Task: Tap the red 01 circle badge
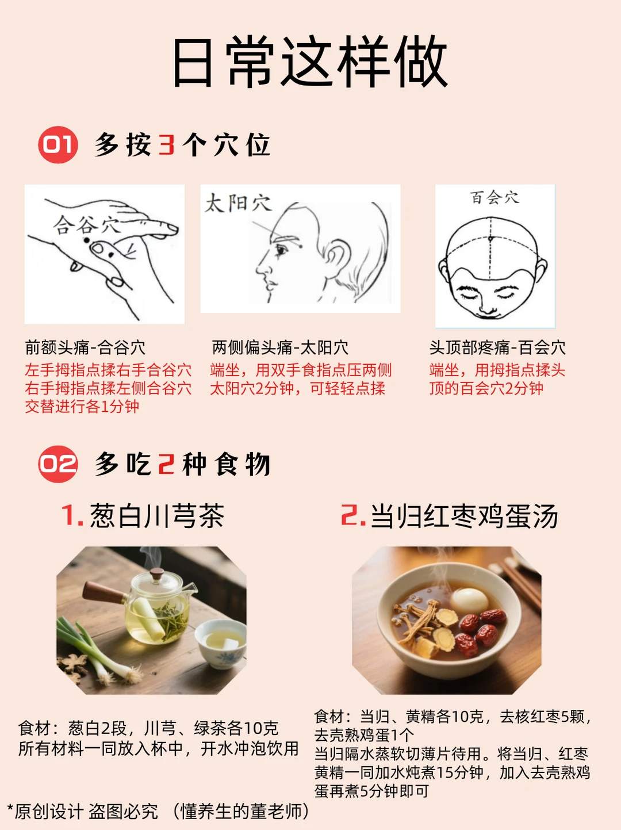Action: pyautogui.click(x=58, y=145)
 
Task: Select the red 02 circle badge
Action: pyautogui.click(x=58, y=464)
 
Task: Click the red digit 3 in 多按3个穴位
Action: pyautogui.click(x=166, y=145)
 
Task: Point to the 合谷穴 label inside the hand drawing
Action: pyautogui.click(x=86, y=224)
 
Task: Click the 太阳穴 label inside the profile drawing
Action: pyautogui.click(x=238, y=203)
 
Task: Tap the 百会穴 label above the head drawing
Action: pyautogui.click(x=494, y=198)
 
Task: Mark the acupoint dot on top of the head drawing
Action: pyautogui.click(x=490, y=239)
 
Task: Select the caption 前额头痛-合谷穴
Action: pyautogui.click(x=85, y=347)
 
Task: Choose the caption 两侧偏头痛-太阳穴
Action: pyautogui.click(x=280, y=347)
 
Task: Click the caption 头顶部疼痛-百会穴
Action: pyautogui.click(x=497, y=347)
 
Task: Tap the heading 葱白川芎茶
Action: pyautogui.click(x=157, y=516)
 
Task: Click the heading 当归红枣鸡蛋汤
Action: pyautogui.click(x=464, y=516)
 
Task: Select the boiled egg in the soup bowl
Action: pyautogui.click(x=470, y=600)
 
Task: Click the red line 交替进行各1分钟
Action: pyautogui.click(x=82, y=407)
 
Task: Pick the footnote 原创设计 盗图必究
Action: pyautogui.click(x=86, y=812)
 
